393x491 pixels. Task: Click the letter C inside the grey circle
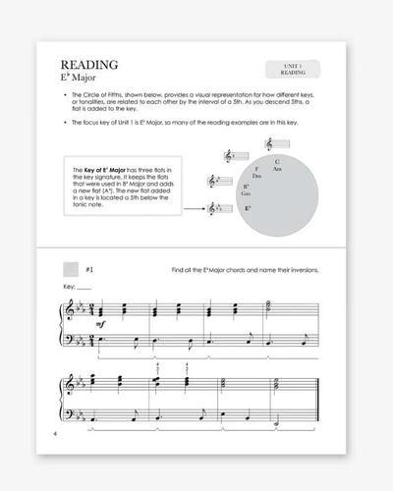pos(277,161)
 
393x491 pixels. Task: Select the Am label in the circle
pos(278,170)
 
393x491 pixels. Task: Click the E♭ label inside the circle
pos(248,208)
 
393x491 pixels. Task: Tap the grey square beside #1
pos(70,269)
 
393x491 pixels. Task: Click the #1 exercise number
pos(89,269)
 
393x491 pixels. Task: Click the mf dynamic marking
pos(100,325)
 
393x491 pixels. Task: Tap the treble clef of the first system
pos(68,311)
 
